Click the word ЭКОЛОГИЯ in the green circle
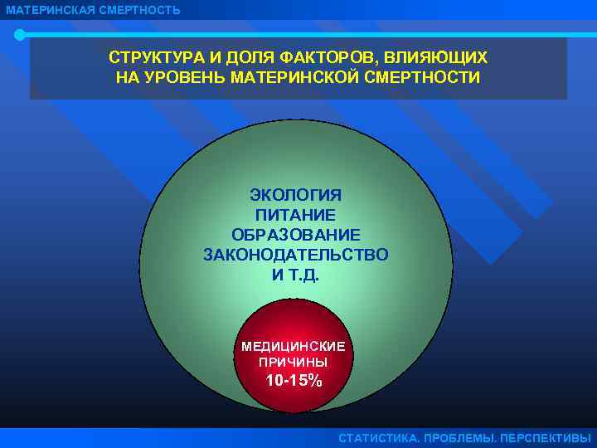(x=295, y=195)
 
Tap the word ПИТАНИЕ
(x=295, y=215)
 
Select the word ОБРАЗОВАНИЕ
(x=295, y=235)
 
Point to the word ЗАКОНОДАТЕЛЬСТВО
(x=295, y=255)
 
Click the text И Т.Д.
(x=295, y=275)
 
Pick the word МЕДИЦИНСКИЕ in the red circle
(x=293, y=346)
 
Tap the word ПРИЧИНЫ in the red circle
(x=293, y=363)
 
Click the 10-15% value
(x=294, y=382)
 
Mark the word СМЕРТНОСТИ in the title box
(x=426, y=78)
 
